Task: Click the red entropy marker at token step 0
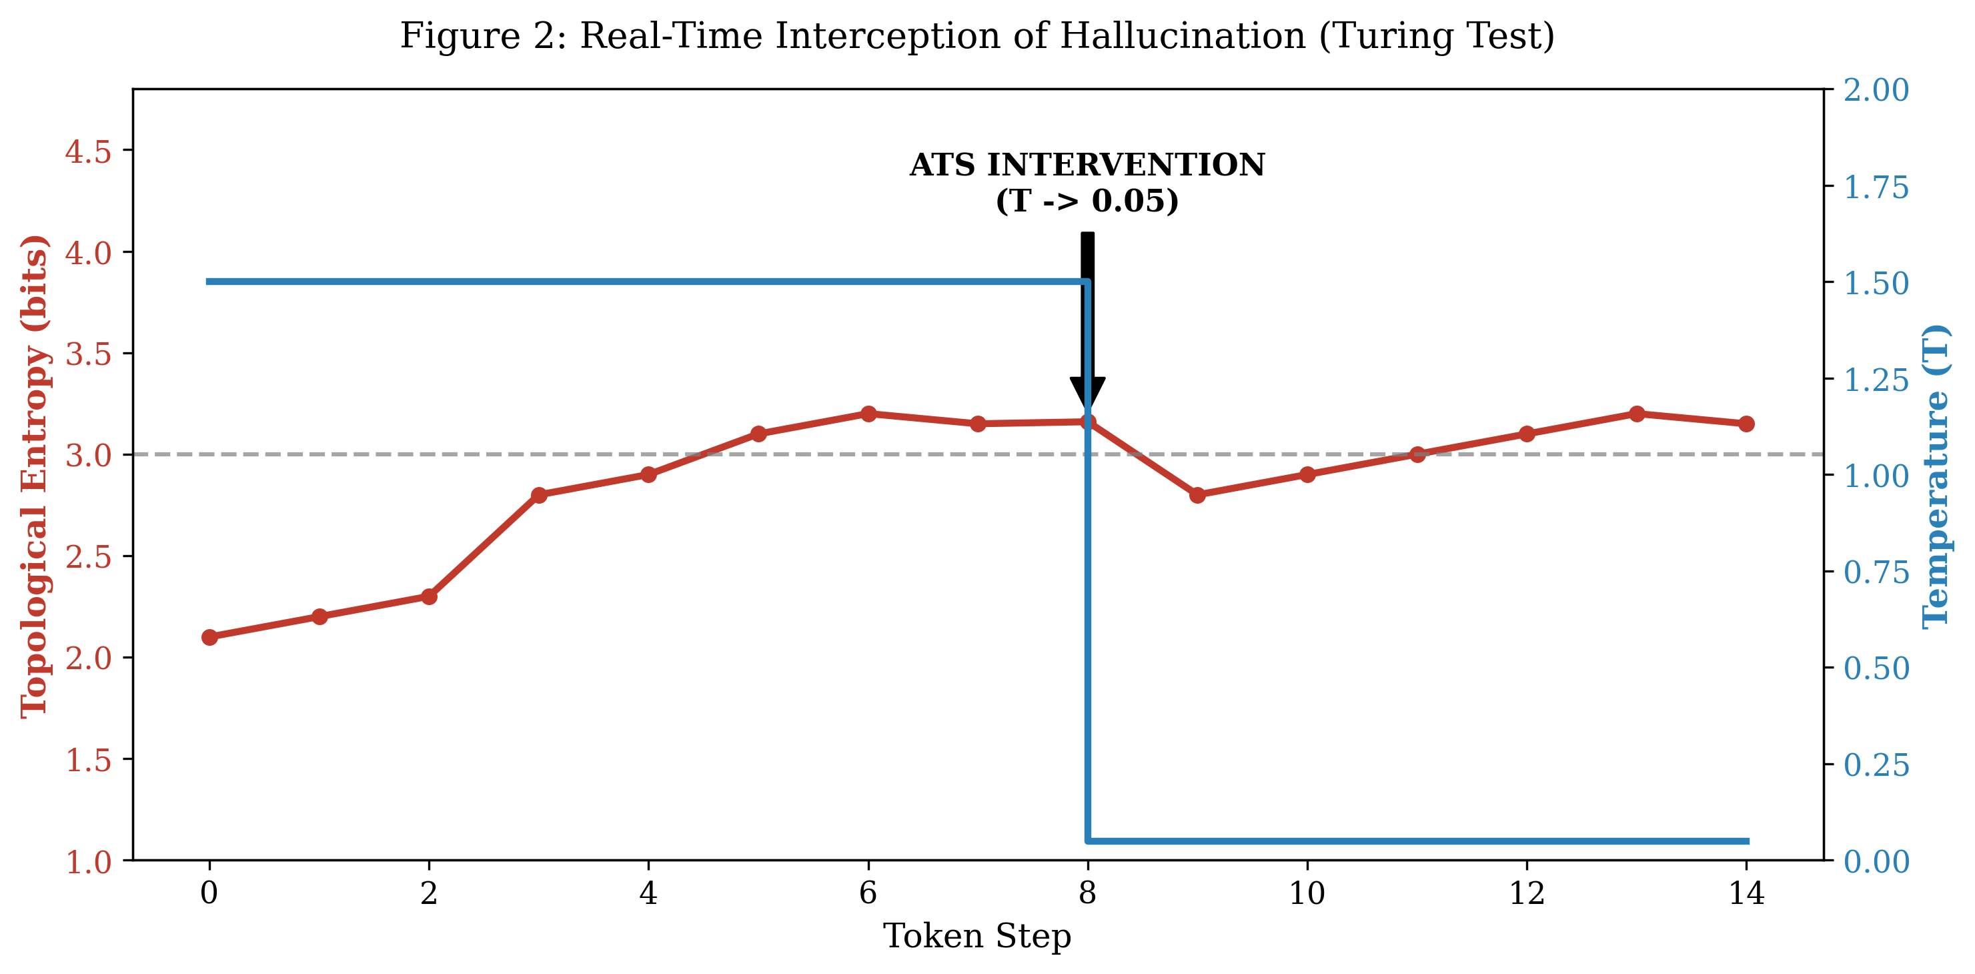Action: coord(209,636)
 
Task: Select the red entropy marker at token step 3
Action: coord(539,494)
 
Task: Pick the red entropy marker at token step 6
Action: coord(868,414)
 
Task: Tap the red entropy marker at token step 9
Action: coord(1197,494)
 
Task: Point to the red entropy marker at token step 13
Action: coord(1637,414)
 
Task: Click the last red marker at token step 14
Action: coord(1746,424)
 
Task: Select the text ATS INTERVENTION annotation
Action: coord(1087,165)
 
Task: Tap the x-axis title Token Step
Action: coord(978,937)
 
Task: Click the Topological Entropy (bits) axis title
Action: coord(35,476)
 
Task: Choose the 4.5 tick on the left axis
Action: coord(87,151)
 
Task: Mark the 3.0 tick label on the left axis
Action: coord(87,455)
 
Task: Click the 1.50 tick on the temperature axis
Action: coord(1876,283)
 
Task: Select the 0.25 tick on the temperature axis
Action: coord(1876,765)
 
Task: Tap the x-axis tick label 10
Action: coord(1307,893)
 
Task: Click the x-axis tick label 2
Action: coord(429,893)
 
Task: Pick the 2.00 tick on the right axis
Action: coord(1876,90)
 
